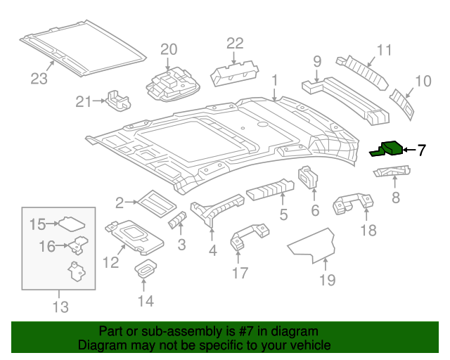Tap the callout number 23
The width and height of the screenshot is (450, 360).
pyautogui.click(x=39, y=78)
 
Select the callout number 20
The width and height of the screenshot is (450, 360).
pyautogui.click(x=169, y=49)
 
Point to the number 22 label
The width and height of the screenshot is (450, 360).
pyautogui.click(x=234, y=44)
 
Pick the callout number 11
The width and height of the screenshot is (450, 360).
pyautogui.click(x=383, y=50)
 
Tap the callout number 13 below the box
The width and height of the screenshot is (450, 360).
pyautogui.click(x=60, y=307)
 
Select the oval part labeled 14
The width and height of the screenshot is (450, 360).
pyautogui.click(x=146, y=269)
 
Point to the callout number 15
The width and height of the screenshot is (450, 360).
pyautogui.click(x=37, y=224)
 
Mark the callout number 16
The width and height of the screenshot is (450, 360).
pyautogui.click(x=46, y=246)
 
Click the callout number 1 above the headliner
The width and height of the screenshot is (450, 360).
pyautogui.click(x=274, y=79)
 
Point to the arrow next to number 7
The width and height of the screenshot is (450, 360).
pyautogui.click(x=409, y=149)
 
